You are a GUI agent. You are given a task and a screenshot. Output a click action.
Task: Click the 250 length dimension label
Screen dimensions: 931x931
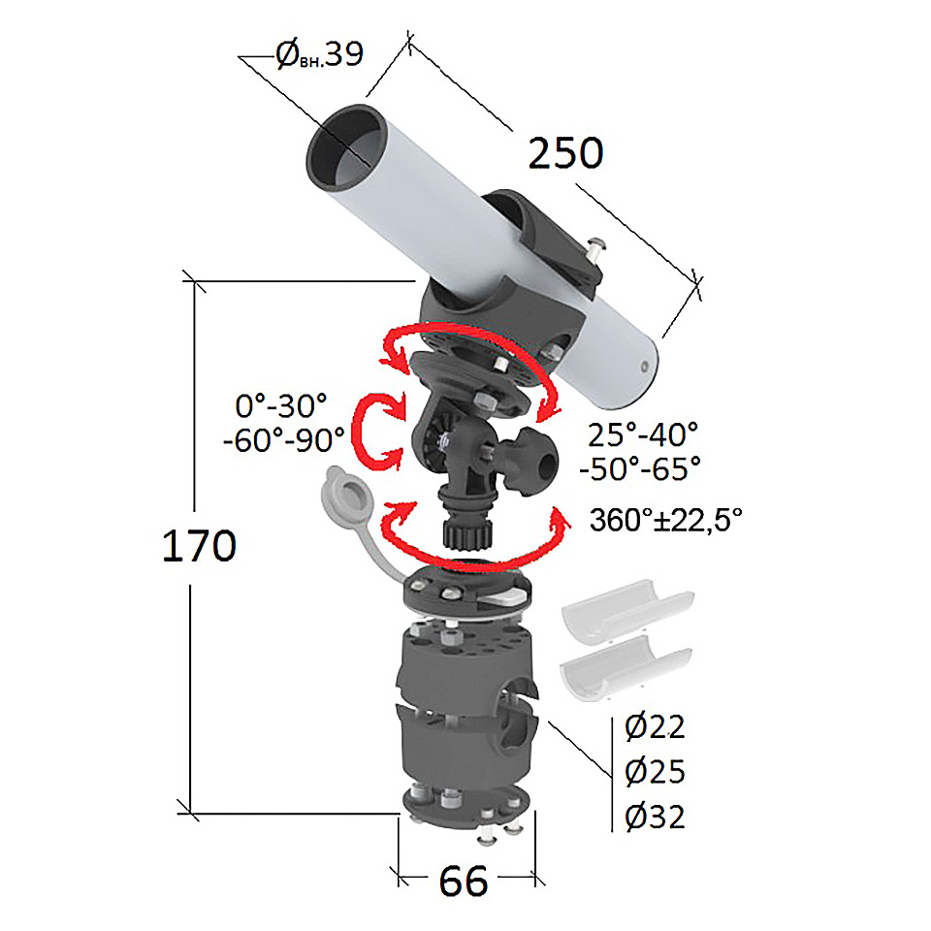pyautogui.click(x=565, y=153)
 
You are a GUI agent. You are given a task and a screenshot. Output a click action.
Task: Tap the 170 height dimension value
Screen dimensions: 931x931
pyautogui.click(x=199, y=546)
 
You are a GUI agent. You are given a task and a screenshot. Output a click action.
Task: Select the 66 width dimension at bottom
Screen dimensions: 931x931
pyautogui.click(x=464, y=881)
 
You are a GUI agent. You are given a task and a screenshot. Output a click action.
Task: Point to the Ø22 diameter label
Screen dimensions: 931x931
pyautogui.click(x=655, y=726)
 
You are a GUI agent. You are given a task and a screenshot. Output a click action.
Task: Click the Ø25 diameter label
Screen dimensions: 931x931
pyautogui.click(x=655, y=772)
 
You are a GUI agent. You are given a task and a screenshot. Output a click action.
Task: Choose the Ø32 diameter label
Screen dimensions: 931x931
pyautogui.click(x=655, y=817)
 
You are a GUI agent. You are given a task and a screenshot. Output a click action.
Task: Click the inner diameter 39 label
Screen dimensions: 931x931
pyautogui.click(x=320, y=54)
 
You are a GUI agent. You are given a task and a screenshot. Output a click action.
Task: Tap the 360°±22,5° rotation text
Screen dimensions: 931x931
pyautogui.click(x=665, y=520)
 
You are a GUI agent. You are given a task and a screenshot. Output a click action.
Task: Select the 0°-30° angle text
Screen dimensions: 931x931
pyautogui.click(x=281, y=406)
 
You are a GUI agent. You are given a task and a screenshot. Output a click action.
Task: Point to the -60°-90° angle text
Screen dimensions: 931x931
pyautogui.click(x=284, y=440)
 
